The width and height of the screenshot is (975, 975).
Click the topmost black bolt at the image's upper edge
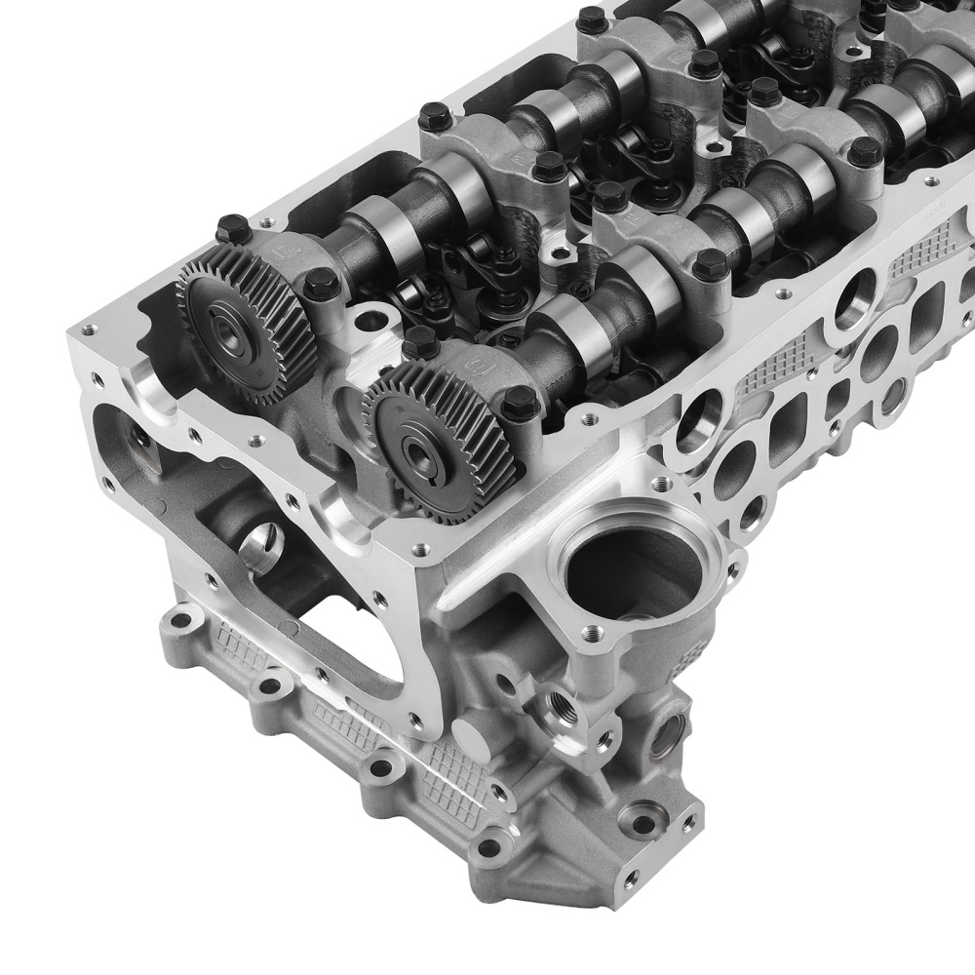[591, 18]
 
